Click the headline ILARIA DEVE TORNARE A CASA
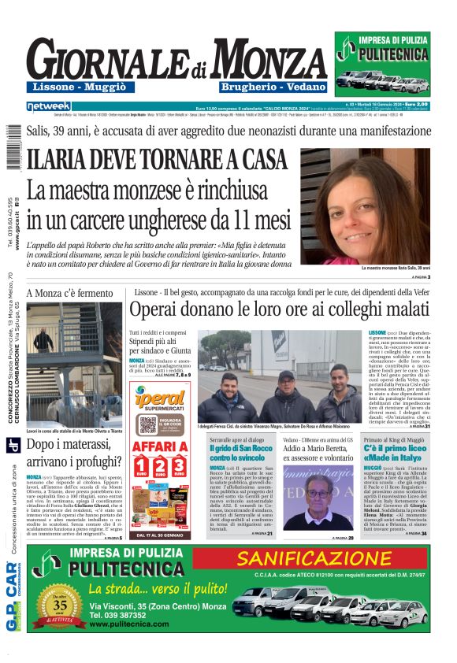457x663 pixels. click(157, 160)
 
